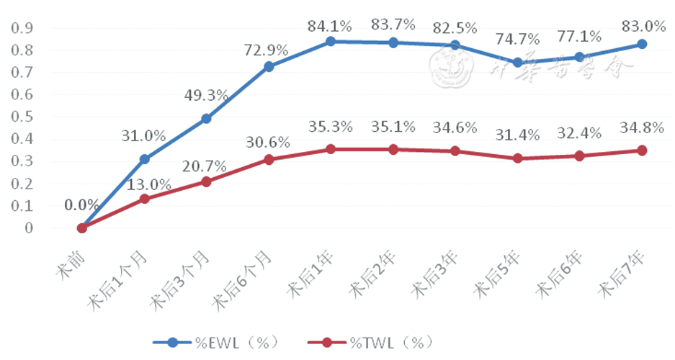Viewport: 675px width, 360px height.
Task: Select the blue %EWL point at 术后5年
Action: tap(517, 63)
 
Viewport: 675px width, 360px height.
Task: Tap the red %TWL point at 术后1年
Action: tap(330, 149)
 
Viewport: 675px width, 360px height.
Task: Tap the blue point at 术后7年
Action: tap(641, 45)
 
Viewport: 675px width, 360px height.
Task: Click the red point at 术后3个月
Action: tap(206, 181)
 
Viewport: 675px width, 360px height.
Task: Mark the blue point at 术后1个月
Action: tap(144, 159)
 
